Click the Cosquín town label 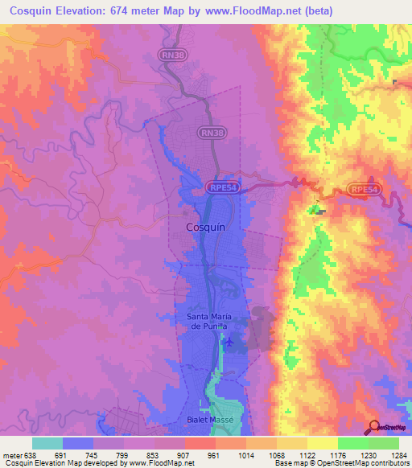(205, 228)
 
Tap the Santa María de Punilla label (214, 322)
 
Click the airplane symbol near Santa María (229, 343)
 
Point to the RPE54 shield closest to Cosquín (222, 187)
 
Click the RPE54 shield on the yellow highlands (364, 189)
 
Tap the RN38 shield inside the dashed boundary (212, 132)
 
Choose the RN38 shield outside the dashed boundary (171, 54)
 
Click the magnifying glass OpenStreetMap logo (375, 427)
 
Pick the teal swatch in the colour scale (47, 443)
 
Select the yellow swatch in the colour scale (323, 443)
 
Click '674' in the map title (133, 11)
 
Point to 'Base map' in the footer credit (291, 463)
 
